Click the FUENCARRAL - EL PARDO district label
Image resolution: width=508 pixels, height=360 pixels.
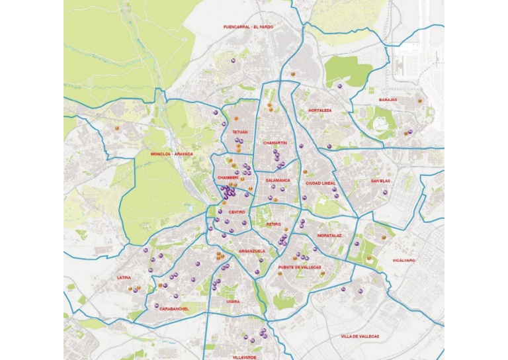coord(248,27)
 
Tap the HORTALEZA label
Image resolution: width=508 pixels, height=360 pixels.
coord(319,111)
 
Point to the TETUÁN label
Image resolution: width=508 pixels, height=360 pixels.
coord(239,132)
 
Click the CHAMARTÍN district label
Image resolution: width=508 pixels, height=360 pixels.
coord(275,143)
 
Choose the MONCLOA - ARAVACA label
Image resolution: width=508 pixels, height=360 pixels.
coord(172,154)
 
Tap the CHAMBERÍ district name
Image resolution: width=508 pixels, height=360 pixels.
coord(227,178)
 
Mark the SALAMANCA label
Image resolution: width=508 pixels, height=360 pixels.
coord(278,180)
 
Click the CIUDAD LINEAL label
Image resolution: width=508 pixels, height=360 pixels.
coord(321,183)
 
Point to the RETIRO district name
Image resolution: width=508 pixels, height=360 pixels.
coord(274,224)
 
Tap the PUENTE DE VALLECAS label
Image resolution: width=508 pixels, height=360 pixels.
coord(299,267)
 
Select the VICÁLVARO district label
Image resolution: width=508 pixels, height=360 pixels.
coord(403,261)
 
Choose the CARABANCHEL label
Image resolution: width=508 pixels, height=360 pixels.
coord(174,308)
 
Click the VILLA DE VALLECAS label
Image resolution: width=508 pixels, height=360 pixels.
coord(360,336)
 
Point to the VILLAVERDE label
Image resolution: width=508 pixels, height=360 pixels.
coord(244,357)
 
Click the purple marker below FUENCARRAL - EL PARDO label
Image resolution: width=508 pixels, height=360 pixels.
coord(233,60)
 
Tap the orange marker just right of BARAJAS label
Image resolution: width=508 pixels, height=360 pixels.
coord(419,101)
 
